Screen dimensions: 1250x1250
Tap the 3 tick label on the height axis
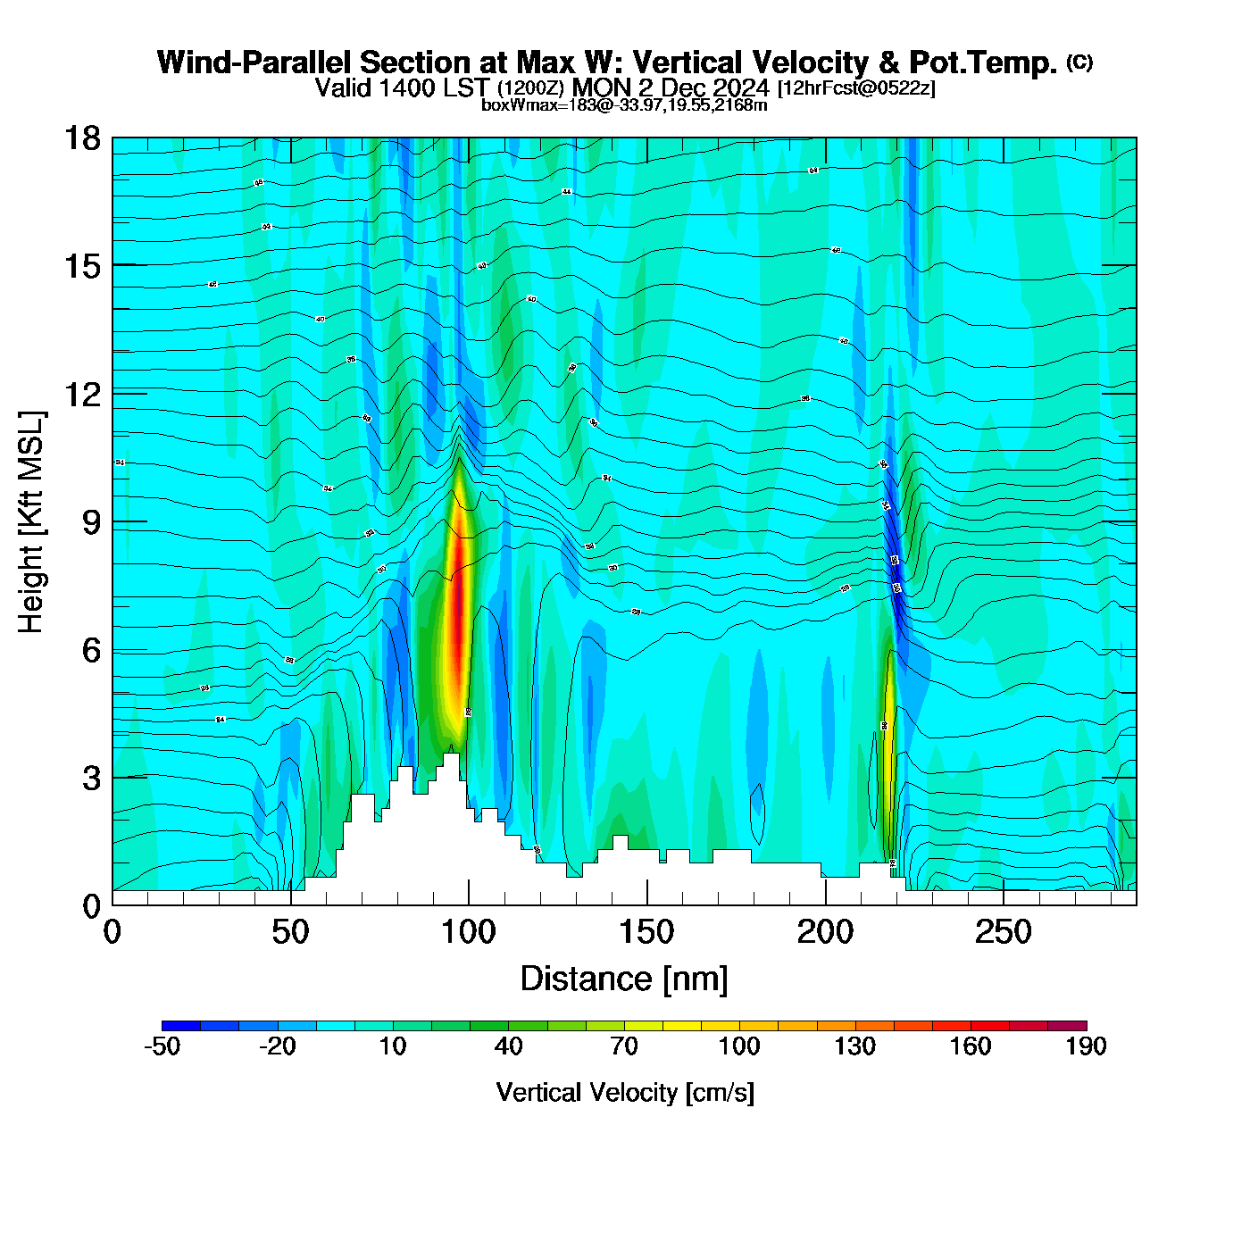click(x=91, y=778)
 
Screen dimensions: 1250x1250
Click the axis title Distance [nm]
click(x=624, y=979)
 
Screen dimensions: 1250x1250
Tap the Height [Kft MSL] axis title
click(x=31, y=522)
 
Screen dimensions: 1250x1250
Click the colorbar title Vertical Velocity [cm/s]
click(x=625, y=1092)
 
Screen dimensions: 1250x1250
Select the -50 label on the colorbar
click(x=162, y=1046)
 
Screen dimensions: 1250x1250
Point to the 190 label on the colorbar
click(x=1086, y=1046)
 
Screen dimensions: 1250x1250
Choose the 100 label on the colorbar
click(x=739, y=1046)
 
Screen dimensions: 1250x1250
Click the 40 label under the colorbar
click(x=508, y=1046)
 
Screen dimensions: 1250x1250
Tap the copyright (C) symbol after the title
click(x=1079, y=62)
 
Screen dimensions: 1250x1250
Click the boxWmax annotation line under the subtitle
click(x=624, y=105)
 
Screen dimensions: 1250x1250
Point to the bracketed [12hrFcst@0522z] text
click(x=856, y=88)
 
